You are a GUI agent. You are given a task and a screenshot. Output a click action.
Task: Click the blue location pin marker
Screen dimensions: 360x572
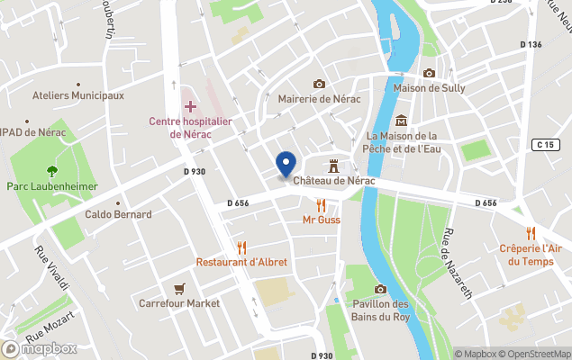(x=286, y=165)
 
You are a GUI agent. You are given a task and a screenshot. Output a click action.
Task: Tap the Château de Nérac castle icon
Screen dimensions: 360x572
(x=333, y=166)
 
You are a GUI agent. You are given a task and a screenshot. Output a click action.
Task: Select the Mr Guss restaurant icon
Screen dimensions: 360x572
(x=321, y=204)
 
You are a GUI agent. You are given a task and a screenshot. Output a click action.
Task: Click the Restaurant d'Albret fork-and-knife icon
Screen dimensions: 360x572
(x=241, y=247)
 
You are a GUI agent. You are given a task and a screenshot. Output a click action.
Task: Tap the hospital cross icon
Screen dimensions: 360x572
(x=191, y=106)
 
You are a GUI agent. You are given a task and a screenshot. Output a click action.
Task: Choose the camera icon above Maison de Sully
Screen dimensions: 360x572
(x=429, y=74)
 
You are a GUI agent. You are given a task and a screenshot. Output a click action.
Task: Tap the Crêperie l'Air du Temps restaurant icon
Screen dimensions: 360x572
(x=531, y=232)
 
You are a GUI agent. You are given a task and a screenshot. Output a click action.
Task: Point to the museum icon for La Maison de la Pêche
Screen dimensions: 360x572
(x=401, y=121)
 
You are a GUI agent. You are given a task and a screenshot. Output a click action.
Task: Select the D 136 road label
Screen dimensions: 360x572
(x=531, y=45)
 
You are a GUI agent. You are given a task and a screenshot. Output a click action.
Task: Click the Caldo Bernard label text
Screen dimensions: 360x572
(x=118, y=214)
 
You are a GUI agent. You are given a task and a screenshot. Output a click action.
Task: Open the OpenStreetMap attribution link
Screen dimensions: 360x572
(x=537, y=354)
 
